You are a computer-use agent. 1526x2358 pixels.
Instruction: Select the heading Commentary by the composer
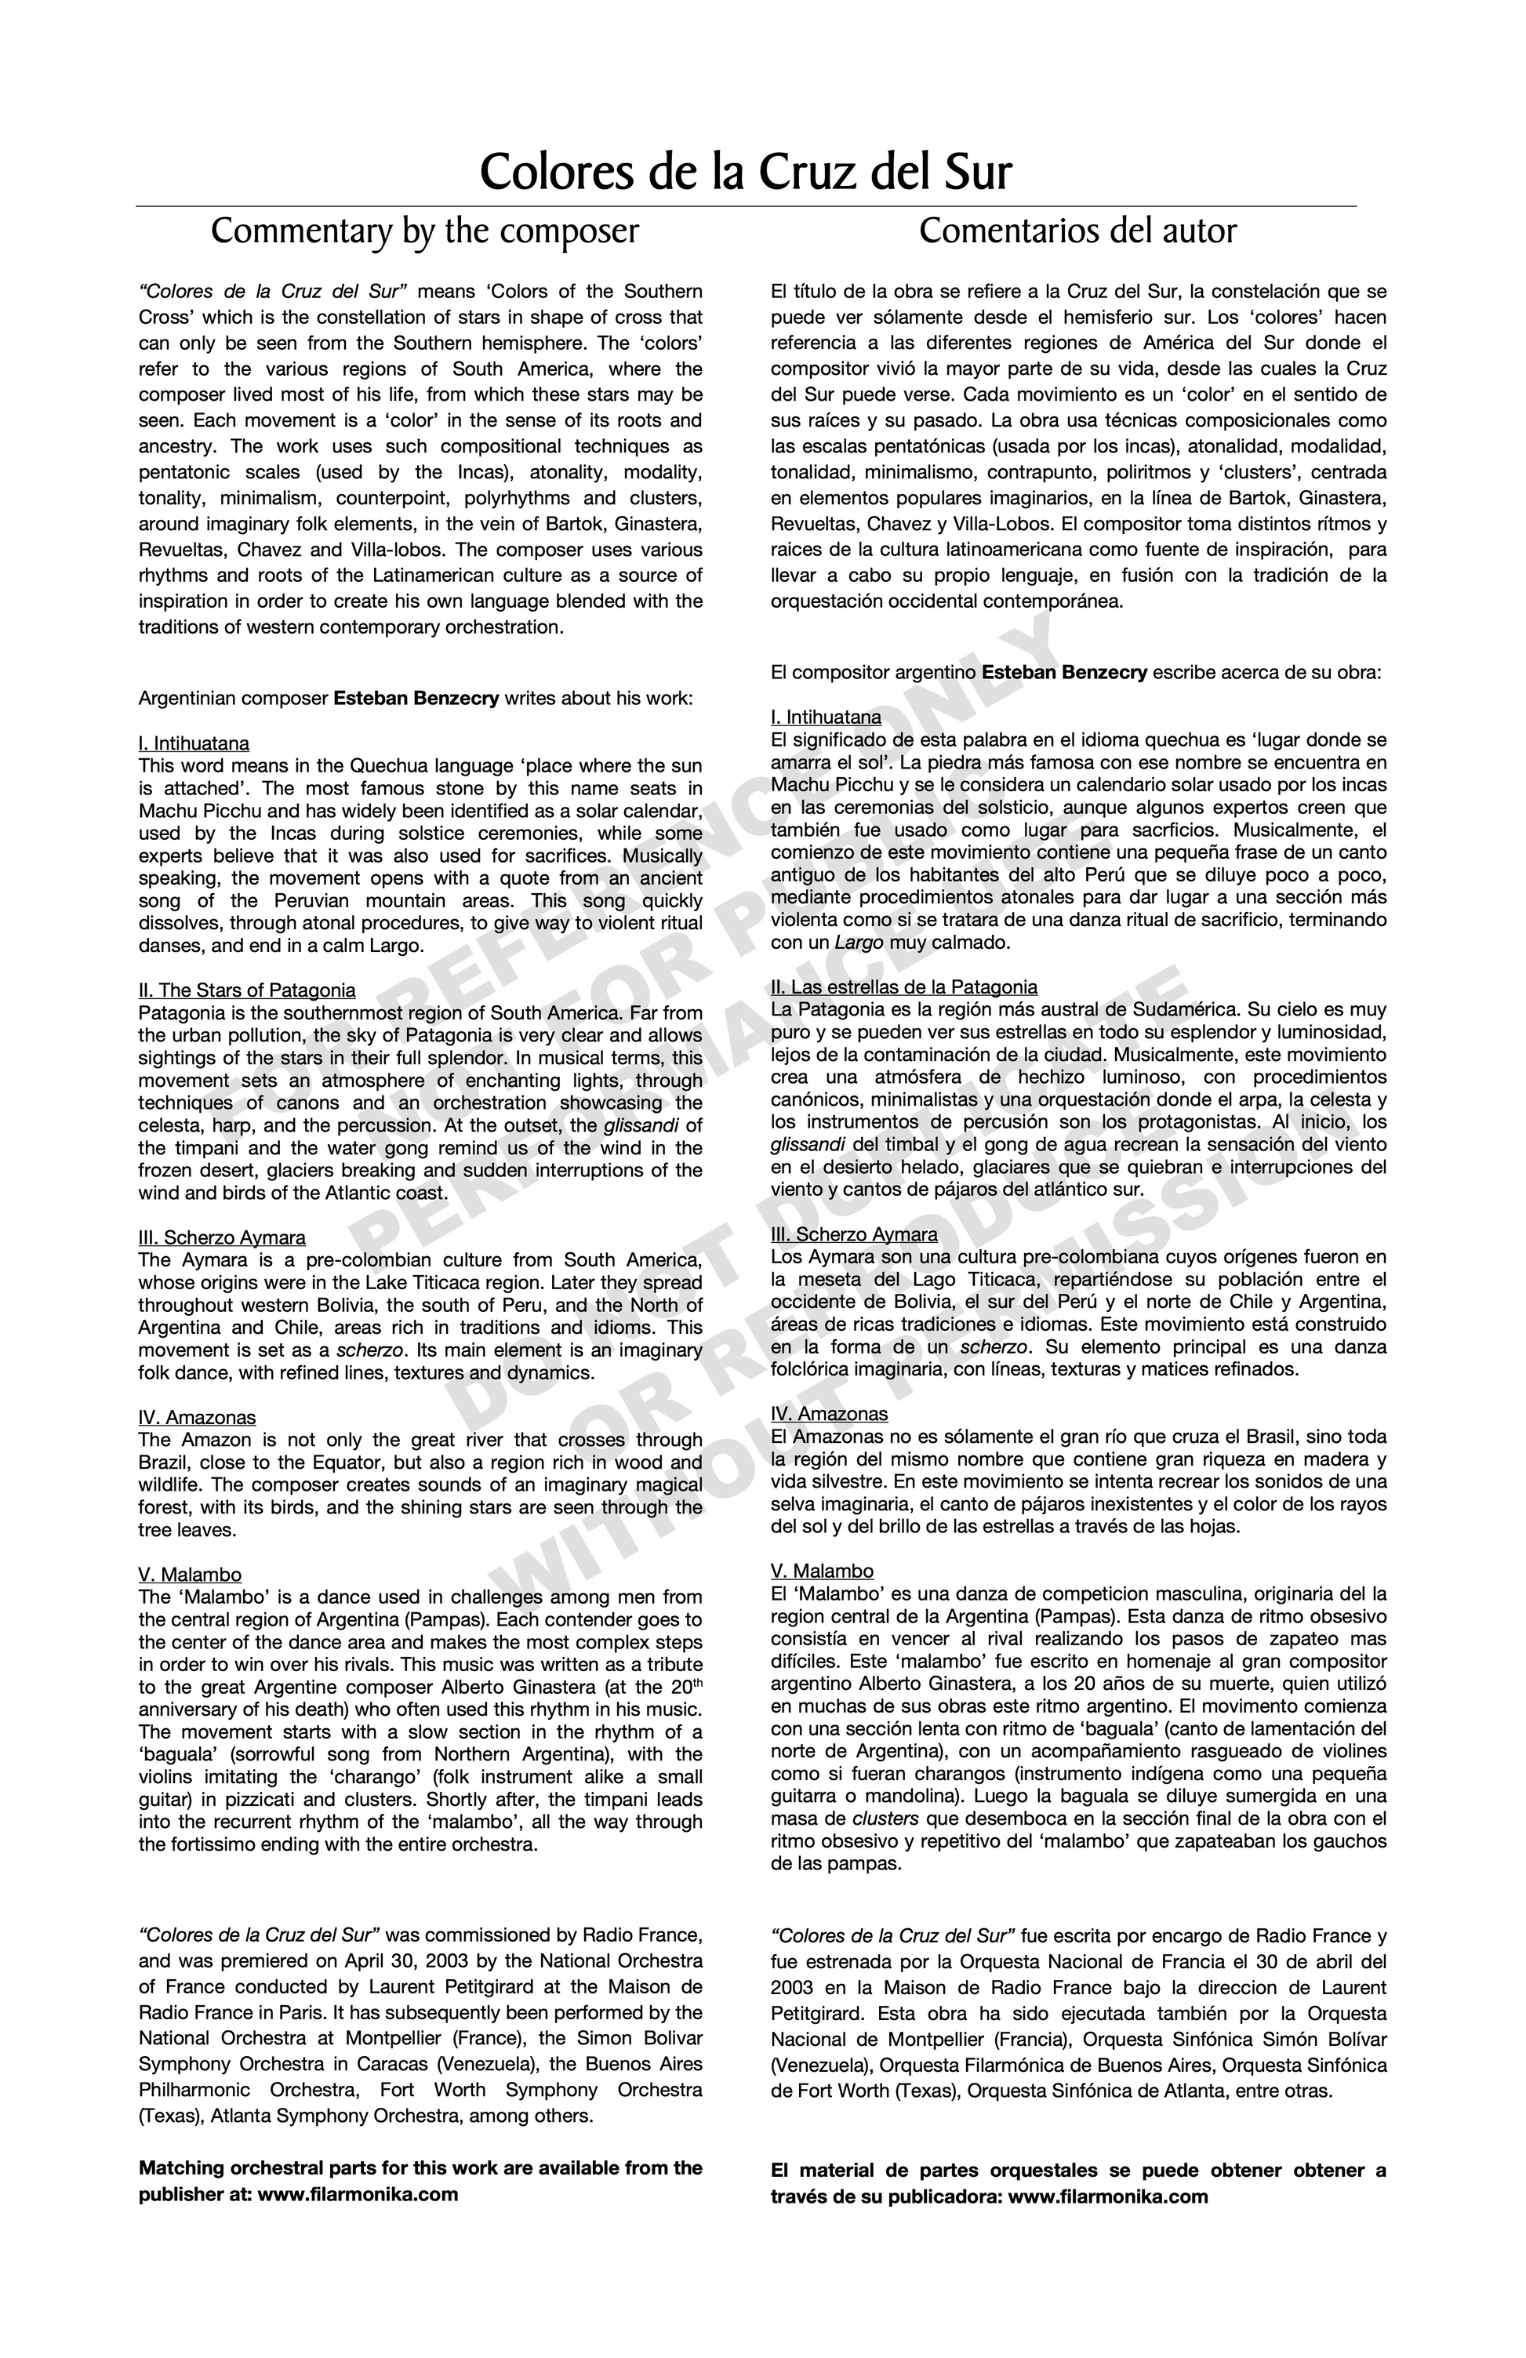[424, 232]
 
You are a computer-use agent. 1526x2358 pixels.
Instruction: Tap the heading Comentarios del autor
[1077, 232]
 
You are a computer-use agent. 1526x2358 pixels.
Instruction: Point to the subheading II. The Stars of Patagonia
[247, 990]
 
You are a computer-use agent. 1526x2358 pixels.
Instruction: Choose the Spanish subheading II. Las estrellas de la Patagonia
[903, 986]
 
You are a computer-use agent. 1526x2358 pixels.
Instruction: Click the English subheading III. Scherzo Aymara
[222, 1237]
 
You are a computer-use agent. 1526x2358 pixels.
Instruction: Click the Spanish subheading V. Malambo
[823, 1571]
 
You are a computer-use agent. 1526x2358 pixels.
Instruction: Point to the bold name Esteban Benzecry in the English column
[416, 699]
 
